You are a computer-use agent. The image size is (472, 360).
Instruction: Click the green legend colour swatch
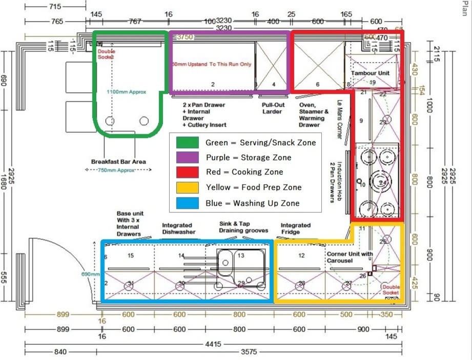187,142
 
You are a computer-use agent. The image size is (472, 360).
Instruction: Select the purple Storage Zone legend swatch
187,157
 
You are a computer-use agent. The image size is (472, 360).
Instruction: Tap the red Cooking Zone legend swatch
187,172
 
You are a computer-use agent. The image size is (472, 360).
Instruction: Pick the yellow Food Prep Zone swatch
187,188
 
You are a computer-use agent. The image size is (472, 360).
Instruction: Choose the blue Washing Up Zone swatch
187,203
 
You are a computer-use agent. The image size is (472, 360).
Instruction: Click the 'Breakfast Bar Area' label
118,162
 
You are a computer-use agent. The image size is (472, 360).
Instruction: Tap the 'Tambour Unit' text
370,73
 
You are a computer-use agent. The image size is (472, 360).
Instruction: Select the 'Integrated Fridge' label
296,229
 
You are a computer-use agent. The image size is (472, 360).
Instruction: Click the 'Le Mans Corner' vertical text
339,119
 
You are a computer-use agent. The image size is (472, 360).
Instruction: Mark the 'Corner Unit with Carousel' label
349,257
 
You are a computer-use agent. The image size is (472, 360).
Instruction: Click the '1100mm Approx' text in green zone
126,92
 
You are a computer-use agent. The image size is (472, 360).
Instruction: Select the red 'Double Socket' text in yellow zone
390,290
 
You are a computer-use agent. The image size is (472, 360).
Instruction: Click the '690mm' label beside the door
90,274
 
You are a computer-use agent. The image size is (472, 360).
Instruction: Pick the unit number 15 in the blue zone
131,255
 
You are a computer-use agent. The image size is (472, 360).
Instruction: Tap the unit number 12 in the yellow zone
301,255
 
